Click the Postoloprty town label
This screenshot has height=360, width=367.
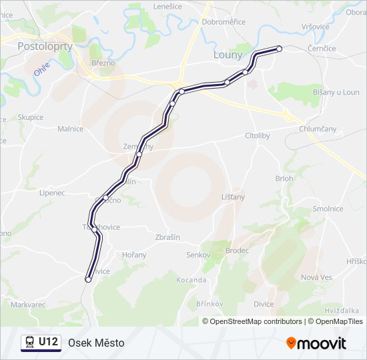[40, 47]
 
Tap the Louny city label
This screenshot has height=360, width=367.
[228, 55]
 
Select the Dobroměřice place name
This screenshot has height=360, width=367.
[224, 22]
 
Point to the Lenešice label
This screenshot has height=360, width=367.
[167, 6]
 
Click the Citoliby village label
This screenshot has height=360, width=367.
[257, 135]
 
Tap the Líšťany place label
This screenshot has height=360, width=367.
[233, 197]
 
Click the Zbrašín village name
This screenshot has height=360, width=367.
[167, 238]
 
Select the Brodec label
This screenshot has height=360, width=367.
[237, 251]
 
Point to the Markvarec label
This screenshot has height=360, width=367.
[28, 304]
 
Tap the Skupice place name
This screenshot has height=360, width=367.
[30, 117]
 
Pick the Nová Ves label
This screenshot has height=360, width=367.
[316, 277]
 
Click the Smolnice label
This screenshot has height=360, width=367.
[328, 209]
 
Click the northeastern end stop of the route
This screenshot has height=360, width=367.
[280, 49]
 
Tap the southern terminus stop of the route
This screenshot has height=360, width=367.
[88, 280]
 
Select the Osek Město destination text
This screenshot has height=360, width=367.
[96, 343]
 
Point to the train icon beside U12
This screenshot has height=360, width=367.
[29, 343]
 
